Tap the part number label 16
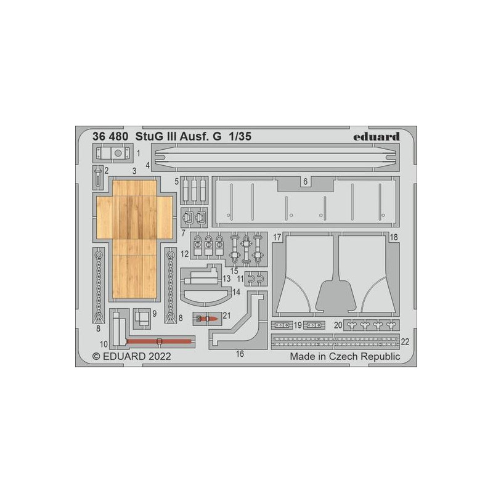(240, 354)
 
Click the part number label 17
(277, 237)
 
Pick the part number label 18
(394, 237)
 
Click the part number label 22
(405, 341)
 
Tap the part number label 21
(226, 316)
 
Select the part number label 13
(227, 279)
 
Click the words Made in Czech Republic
(344, 356)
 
